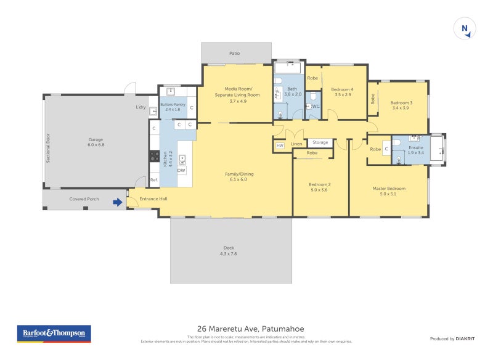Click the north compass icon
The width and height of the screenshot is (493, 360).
pyautogui.click(x=465, y=29)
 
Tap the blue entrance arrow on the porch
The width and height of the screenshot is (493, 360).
pyautogui.click(x=117, y=202)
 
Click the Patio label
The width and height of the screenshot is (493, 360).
pyautogui.click(x=235, y=54)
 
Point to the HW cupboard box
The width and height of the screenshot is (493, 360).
pyautogui.click(x=280, y=145)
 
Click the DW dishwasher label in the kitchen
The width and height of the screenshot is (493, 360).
pyautogui.click(x=181, y=170)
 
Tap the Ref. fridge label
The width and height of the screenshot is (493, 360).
pyautogui.click(x=154, y=180)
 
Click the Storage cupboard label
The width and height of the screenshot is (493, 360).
pyautogui.click(x=320, y=142)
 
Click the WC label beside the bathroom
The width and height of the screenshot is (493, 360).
pyautogui.click(x=316, y=106)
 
